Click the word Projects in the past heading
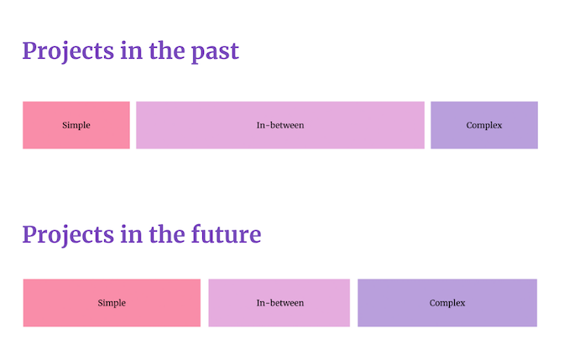(x=68, y=51)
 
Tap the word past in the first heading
(x=217, y=51)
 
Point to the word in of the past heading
(x=132, y=51)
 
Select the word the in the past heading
(x=170, y=51)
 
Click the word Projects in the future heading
(x=68, y=234)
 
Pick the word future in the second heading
(x=228, y=234)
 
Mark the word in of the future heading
(x=132, y=234)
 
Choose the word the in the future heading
(x=170, y=234)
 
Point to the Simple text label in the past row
(x=76, y=126)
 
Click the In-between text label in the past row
(x=280, y=126)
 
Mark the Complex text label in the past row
(x=484, y=126)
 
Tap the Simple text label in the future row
(x=112, y=303)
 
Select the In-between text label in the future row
(x=279, y=303)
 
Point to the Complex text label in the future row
(x=447, y=303)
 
